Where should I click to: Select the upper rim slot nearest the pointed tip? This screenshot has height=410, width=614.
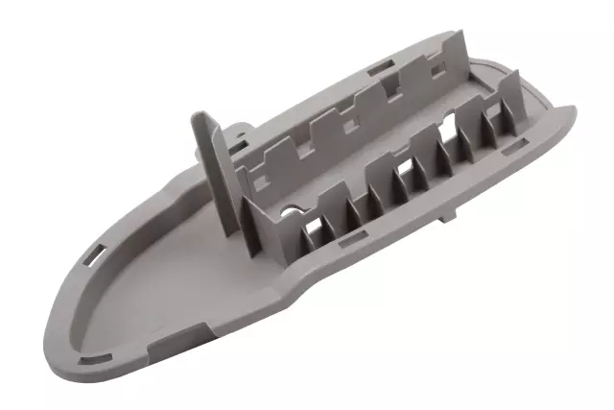(97, 255)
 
